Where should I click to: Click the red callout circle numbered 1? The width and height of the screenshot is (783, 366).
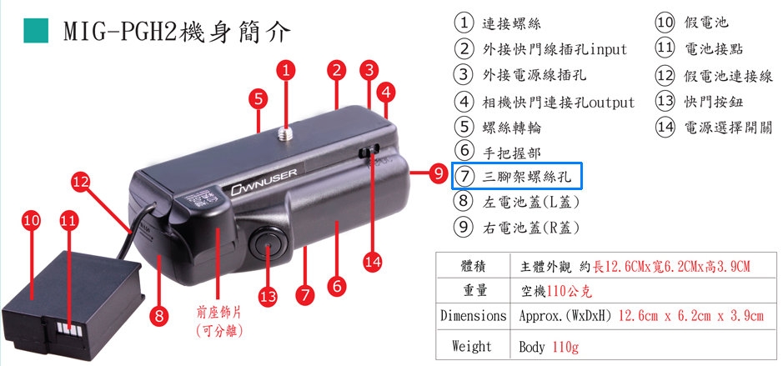[x=286, y=70]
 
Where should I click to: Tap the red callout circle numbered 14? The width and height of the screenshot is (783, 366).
[x=373, y=262]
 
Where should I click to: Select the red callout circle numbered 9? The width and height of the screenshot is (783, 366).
[x=439, y=173]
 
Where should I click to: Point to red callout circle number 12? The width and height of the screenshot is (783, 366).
[x=81, y=182]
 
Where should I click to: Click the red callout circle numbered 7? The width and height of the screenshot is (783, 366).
[x=305, y=294]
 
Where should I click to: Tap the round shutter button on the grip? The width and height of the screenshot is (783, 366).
[x=268, y=243]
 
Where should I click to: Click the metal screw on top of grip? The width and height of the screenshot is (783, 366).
[x=286, y=132]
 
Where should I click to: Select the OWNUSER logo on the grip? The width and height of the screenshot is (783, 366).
[x=264, y=182]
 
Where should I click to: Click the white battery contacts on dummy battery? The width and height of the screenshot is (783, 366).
[x=69, y=328]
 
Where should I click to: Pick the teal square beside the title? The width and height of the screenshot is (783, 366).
[x=36, y=31]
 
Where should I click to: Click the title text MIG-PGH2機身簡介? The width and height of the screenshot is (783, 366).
[x=177, y=31]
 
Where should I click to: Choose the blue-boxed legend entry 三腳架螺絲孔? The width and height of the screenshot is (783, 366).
[x=517, y=176]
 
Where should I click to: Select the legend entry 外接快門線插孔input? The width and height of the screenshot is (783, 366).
[x=555, y=49]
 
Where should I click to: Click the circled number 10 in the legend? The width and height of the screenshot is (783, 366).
[x=665, y=23]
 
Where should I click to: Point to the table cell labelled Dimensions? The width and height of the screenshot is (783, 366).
[x=473, y=316]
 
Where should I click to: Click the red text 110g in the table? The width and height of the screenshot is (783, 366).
[x=565, y=347]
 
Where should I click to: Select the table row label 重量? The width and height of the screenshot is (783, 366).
[x=473, y=290]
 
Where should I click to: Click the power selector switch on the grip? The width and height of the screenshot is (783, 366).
[x=369, y=151]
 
